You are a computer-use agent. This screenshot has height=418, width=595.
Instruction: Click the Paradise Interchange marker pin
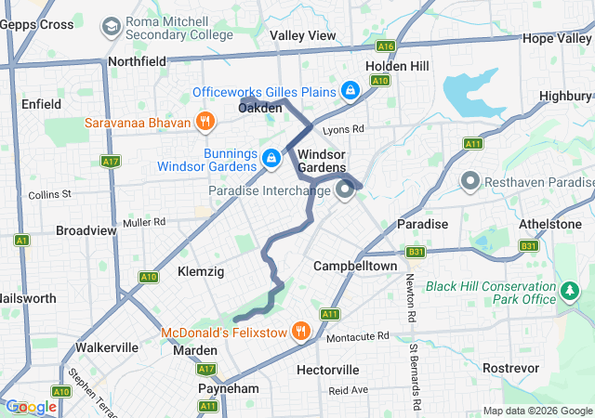pyautogui.click(x=345, y=191)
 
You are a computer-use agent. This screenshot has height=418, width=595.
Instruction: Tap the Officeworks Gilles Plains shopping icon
pyautogui.click(x=350, y=91)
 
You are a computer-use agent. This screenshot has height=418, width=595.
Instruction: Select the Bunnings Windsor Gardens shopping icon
pyautogui.click(x=271, y=159)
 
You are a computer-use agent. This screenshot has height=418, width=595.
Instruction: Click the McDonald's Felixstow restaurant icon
pyautogui.click(x=300, y=331)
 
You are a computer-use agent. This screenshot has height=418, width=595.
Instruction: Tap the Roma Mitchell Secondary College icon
pyautogui.click(x=111, y=27)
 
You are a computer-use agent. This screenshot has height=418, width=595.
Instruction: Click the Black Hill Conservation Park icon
pyautogui.click(x=570, y=294)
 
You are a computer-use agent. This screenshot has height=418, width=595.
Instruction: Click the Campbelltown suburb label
pyautogui.click(x=355, y=266)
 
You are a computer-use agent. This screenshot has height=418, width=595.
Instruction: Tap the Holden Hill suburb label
pyautogui.click(x=397, y=66)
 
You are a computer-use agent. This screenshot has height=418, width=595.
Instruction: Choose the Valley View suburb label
pyautogui.click(x=302, y=35)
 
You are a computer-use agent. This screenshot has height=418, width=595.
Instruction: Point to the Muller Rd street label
pyautogui.click(x=143, y=222)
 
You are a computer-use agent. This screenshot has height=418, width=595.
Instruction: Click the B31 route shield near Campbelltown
pyautogui.click(x=415, y=252)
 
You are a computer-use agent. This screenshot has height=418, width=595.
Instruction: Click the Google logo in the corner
pyautogui.click(x=31, y=407)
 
